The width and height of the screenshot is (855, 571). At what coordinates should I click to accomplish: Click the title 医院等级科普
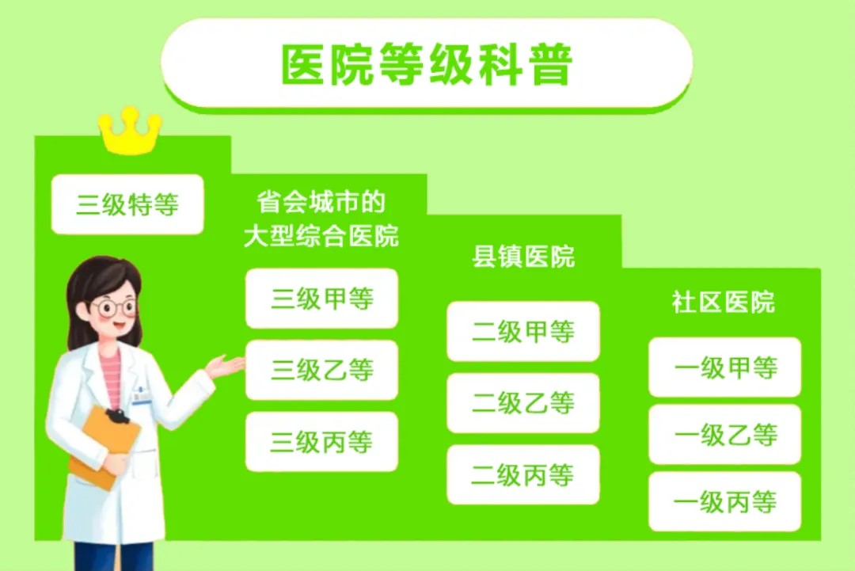click(427, 65)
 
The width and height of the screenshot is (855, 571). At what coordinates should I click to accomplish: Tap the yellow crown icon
click(130, 132)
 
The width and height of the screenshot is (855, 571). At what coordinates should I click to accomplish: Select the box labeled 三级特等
click(127, 205)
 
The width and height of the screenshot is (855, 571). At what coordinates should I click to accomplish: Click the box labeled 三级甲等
click(321, 299)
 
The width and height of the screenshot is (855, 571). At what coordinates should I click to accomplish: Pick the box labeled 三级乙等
click(321, 370)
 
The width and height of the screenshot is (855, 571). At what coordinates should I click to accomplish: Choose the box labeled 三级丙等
click(321, 442)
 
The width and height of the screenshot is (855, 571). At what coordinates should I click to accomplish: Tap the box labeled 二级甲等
click(522, 332)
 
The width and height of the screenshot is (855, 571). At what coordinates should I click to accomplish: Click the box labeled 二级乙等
click(522, 403)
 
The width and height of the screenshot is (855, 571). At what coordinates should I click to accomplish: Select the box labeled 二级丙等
click(522, 475)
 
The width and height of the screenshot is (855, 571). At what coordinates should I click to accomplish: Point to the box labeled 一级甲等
click(724, 367)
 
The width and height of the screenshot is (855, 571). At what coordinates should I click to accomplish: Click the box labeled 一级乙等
click(724, 435)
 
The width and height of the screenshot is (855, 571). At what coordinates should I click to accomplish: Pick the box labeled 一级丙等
click(724, 502)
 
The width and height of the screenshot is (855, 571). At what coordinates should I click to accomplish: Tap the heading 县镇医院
click(522, 257)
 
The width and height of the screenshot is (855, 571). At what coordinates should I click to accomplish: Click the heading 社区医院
click(723, 303)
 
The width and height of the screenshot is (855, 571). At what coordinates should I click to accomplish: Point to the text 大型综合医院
click(321, 236)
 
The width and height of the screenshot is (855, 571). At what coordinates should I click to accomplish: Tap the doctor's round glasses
click(114, 307)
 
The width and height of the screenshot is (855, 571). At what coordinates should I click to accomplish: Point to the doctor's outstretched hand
click(227, 367)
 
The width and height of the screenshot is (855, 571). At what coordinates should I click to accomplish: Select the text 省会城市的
click(321, 202)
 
